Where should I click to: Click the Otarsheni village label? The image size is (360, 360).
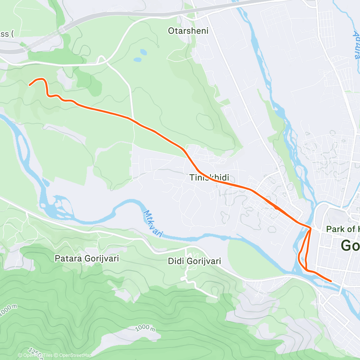(188, 31)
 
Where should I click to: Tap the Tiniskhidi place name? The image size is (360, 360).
(209, 177)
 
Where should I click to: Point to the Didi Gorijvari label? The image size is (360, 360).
(194, 261)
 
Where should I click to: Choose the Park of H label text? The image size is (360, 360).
(342, 229)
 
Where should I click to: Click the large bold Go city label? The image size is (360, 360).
(350, 246)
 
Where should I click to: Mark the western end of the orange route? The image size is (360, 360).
(29, 85)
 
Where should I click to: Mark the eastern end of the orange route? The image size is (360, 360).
(331, 281)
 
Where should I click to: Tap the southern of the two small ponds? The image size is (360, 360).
(137, 59)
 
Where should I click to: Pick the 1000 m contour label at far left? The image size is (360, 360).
(8, 310)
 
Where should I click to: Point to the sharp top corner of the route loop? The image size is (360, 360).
(310, 228)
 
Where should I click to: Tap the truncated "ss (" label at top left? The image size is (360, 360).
(7, 34)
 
